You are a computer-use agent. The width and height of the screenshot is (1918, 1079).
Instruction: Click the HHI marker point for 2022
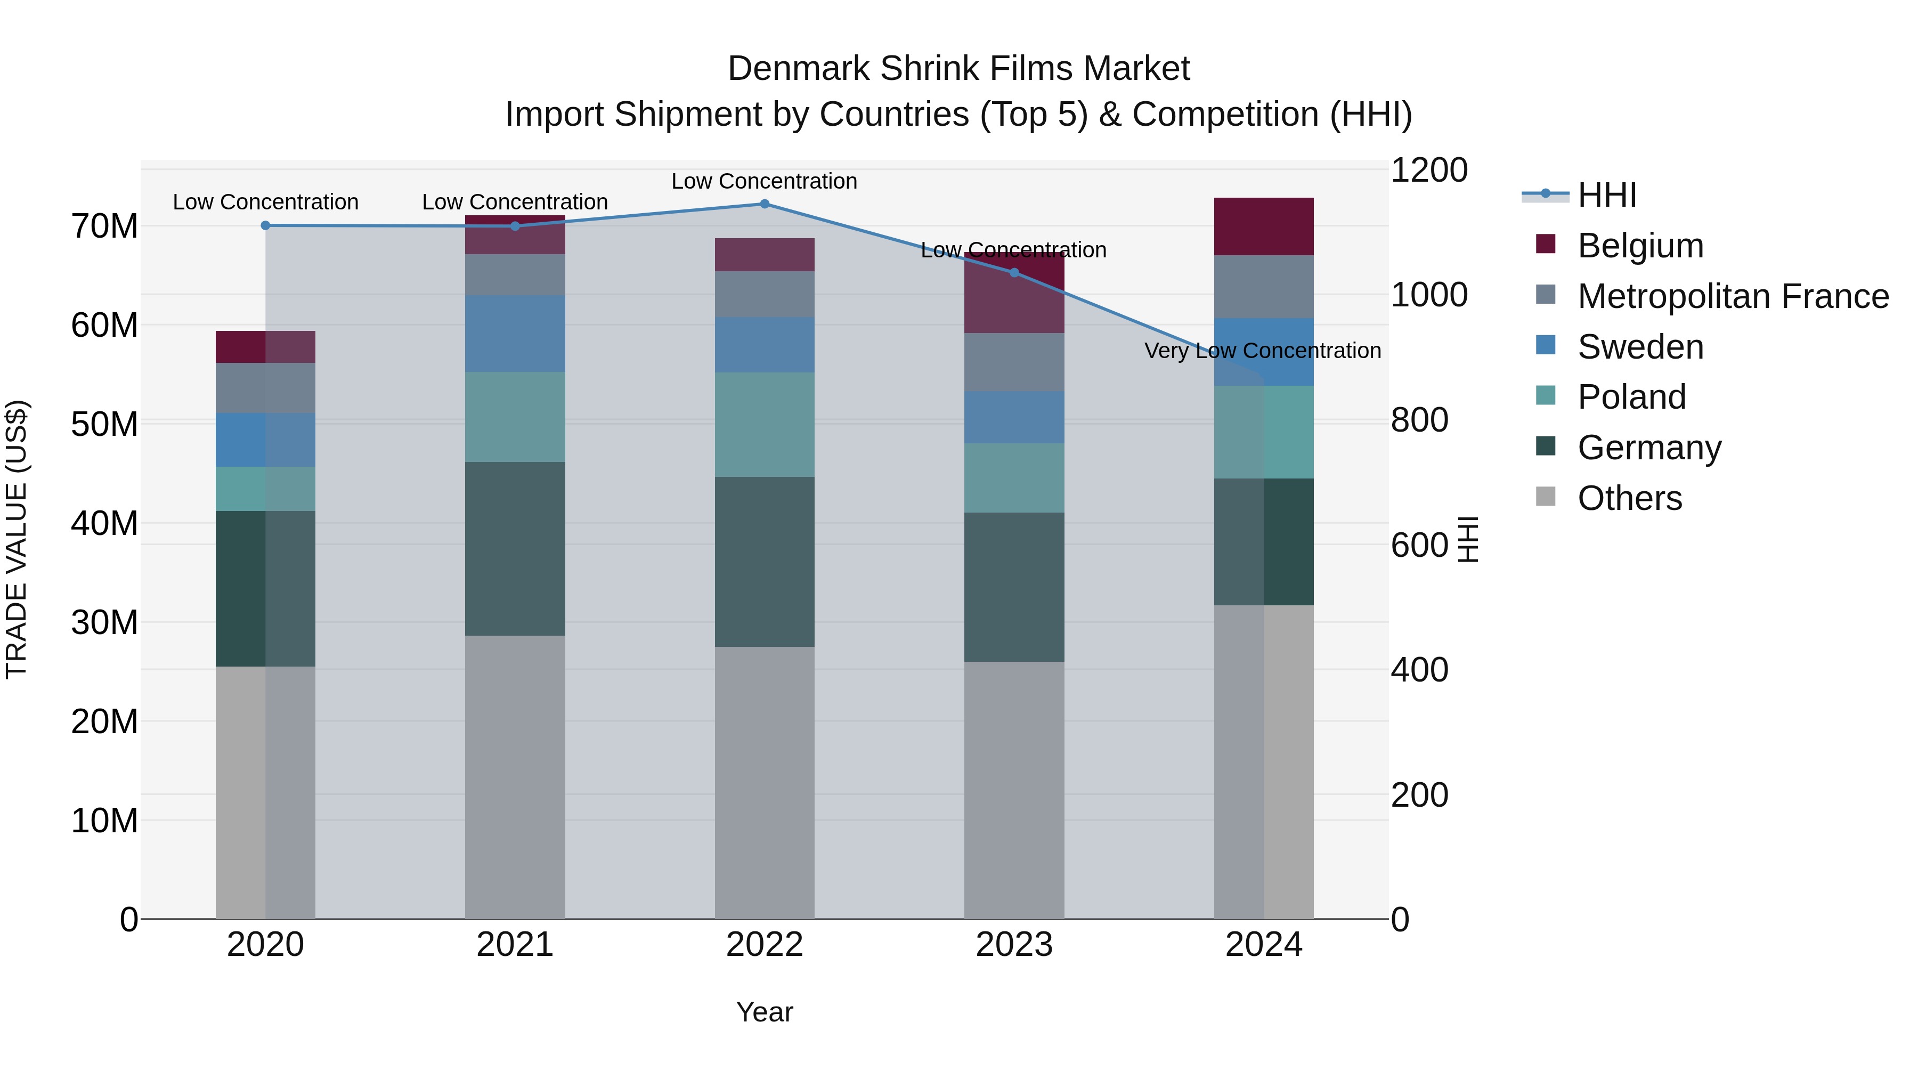click(x=764, y=204)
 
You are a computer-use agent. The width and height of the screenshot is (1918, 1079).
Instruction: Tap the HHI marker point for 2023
click(x=1013, y=272)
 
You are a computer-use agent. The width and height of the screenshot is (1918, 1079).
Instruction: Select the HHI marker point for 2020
click(x=265, y=225)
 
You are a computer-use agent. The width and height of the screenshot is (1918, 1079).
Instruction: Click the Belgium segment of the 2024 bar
click(x=1264, y=227)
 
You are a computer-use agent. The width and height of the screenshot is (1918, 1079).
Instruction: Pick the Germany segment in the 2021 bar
click(x=515, y=549)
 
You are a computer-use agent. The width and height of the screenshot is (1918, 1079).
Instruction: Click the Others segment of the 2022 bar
click(x=764, y=782)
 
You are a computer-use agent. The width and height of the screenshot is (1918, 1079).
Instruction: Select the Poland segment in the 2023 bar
click(x=1013, y=478)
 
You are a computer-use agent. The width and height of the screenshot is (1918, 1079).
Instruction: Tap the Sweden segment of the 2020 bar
click(x=265, y=440)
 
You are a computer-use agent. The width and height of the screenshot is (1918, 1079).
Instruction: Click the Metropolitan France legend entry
click(x=1733, y=296)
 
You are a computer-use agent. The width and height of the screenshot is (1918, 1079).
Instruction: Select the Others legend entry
click(x=1629, y=498)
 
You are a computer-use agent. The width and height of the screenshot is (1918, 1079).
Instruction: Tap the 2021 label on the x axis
click(x=515, y=945)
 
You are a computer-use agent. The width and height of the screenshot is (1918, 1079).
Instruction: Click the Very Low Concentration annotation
click(x=1262, y=351)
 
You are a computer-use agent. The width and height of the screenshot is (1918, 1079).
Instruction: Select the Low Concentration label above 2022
click(x=764, y=181)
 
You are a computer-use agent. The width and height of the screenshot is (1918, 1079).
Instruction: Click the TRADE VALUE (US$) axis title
click(x=17, y=539)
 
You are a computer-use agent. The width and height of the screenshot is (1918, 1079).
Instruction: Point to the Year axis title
click(x=764, y=1012)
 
